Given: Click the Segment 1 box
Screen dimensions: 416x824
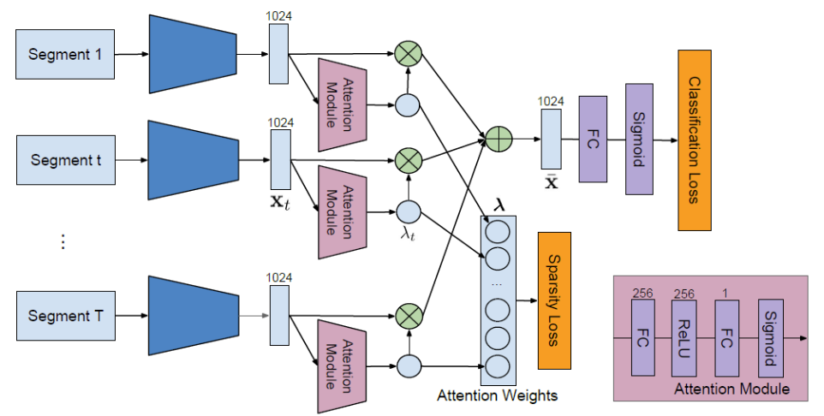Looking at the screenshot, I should coord(65,54).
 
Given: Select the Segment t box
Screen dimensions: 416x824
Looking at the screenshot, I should coord(65,159).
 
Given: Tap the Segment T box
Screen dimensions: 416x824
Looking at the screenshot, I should coord(65,316).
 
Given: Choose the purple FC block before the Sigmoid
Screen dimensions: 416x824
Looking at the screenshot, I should coord(593,139).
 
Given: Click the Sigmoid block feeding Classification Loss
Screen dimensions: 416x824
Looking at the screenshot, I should coord(639,139).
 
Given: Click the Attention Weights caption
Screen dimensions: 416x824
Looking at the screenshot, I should coord(498,395).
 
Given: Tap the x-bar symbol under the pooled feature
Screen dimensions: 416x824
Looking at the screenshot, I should coord(552,182).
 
